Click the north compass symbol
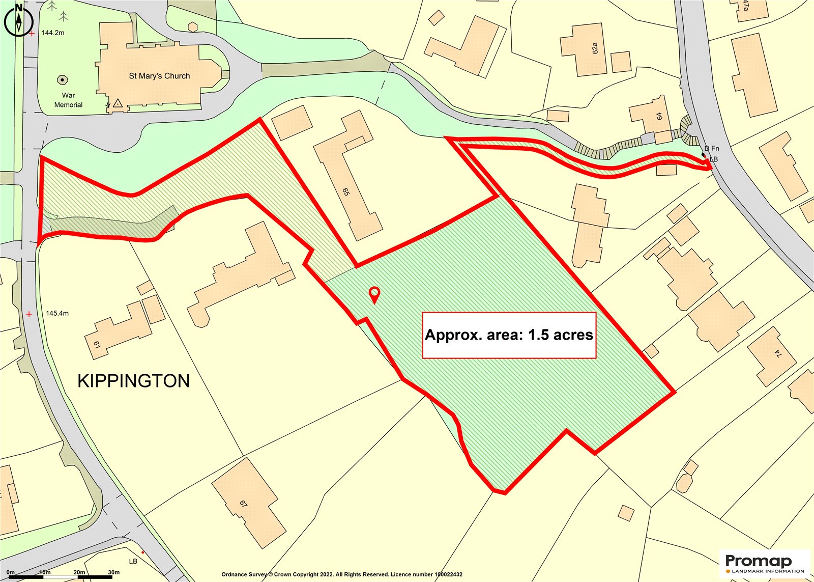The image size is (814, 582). [19, 20]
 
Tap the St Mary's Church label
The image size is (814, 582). [159, 76]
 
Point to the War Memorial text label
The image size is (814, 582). [68, 100]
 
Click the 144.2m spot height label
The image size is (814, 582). [53, 33]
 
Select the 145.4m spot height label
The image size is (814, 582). [57, 313]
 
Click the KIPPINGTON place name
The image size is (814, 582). [134, 381]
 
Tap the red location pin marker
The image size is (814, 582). [374, 294]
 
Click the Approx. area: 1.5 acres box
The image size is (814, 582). [509, 335]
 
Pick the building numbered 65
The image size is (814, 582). [346, 191]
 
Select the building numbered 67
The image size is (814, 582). [244, 504]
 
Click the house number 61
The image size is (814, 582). [97, 345]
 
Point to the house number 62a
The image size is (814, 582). [595, 48]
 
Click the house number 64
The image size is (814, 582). [660, 116]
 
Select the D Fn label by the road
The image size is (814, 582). [712, 149]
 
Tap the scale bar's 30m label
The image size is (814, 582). [113, 572]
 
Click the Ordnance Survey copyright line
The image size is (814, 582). [342, 574]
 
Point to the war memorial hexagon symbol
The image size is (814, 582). [63, 80]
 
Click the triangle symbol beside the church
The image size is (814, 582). [118, 103]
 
